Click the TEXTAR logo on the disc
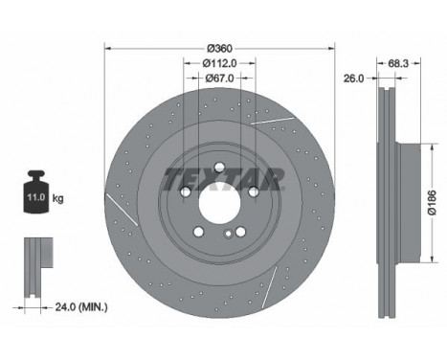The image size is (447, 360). tap(223, 177)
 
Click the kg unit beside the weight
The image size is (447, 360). tap(58, 198)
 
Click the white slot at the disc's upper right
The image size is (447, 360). tap(267, 115)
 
